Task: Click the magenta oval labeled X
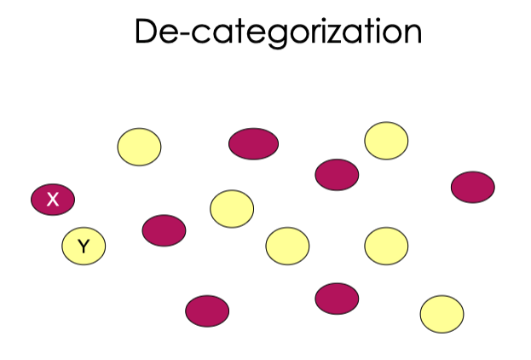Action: click(53, 200)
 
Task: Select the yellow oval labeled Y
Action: click(84, 247)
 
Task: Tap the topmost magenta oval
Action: click(254, 143)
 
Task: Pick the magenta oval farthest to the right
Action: click(473, 187)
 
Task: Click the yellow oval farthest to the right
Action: click(442, 314)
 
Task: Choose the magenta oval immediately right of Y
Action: click(164, 230)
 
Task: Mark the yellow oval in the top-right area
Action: click(386, 141)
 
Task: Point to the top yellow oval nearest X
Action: click(139, 147)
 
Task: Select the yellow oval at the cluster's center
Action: click(232, 209)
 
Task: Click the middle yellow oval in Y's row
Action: click(287, 247)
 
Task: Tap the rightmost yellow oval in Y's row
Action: click(386, 247)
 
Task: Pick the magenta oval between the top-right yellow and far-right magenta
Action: click(337, 175)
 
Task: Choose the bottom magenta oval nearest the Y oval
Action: click(207, 311)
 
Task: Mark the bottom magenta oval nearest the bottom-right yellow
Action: click(337, 299)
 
